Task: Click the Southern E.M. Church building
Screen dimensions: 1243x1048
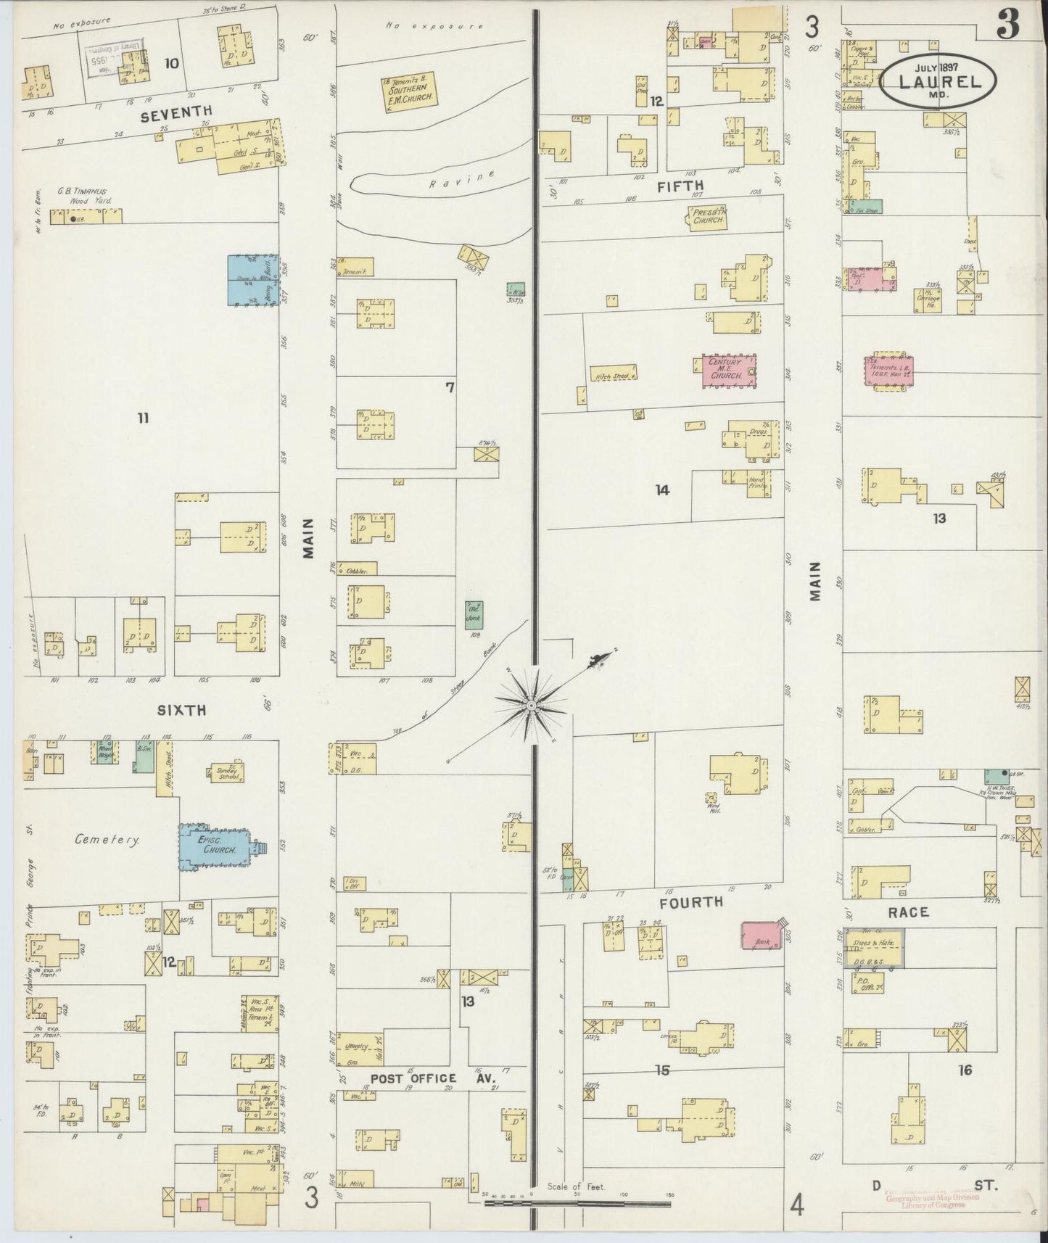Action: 409,92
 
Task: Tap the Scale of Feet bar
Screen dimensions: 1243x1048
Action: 577,1204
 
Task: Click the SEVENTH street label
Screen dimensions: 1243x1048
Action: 176,110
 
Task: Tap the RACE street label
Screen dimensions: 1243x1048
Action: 908,912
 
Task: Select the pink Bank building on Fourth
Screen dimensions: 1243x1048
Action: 762,936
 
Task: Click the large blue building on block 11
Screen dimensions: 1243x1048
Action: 253,281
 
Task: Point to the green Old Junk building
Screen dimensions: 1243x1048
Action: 474,615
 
